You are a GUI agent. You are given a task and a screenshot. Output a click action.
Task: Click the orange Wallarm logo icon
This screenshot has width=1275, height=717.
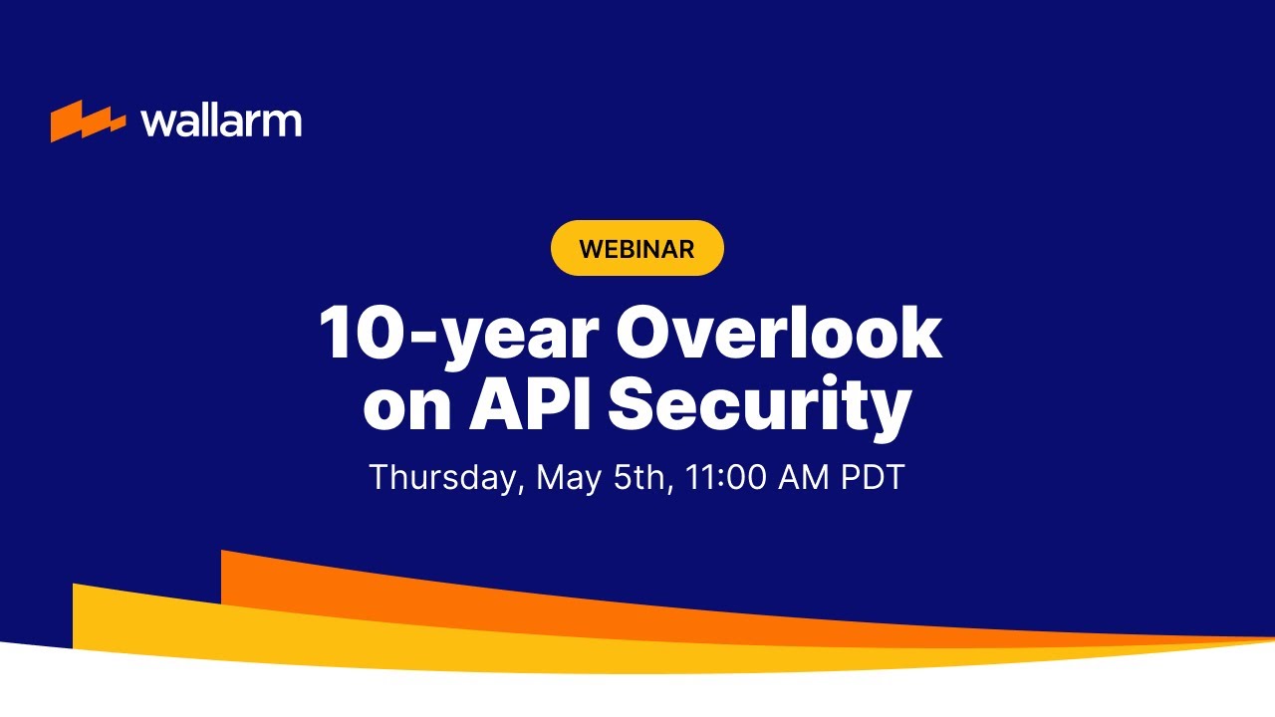[88, 121]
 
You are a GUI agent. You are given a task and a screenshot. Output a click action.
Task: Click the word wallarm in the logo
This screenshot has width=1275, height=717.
[221, 121]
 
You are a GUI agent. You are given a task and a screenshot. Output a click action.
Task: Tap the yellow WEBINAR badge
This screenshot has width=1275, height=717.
[637, 248]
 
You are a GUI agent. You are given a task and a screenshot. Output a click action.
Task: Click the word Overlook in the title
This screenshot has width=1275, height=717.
[779, 334]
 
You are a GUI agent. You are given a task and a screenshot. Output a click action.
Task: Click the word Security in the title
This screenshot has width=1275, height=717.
[759, 407]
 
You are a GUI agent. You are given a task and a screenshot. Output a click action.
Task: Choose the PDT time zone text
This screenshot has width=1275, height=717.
[873, 477]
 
